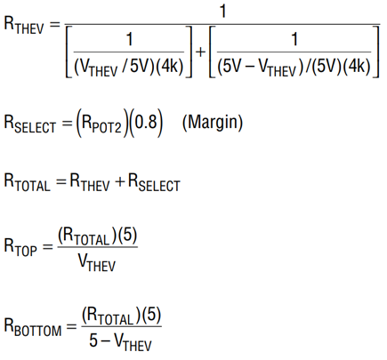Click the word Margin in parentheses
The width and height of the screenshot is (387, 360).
[x=213, y=123]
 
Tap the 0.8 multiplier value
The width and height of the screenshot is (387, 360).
[x=146, y=122]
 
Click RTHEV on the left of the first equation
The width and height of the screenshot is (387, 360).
[x=24, y=26]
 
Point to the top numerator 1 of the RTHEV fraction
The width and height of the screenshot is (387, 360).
[x=222, y=12]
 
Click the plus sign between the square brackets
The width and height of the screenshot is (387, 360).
[x=201, y=52]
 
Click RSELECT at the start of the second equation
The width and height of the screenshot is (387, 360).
[x=29, y=124]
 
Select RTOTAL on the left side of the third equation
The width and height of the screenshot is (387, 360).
[x=27, y=182]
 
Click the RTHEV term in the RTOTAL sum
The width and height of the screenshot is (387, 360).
[x=90, y=182]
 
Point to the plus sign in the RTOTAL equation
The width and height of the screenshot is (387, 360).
[x=119, y=181]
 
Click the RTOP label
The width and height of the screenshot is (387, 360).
[x=20, y=247]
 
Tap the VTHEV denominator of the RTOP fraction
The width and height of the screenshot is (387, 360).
[x=97, y=262]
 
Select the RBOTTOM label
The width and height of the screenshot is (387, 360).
[x=33, y=327]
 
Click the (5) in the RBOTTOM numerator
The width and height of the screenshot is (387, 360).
[x=151, y=316]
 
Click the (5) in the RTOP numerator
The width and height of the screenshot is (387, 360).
[x=127, y=236]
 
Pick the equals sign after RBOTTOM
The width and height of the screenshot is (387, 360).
[x=71, y=327]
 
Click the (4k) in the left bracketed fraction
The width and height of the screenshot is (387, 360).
[x=170, y=67]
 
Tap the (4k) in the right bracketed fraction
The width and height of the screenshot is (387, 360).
[x=357, y=67]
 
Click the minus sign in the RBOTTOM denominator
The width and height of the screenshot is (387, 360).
[x=105, y=340]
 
